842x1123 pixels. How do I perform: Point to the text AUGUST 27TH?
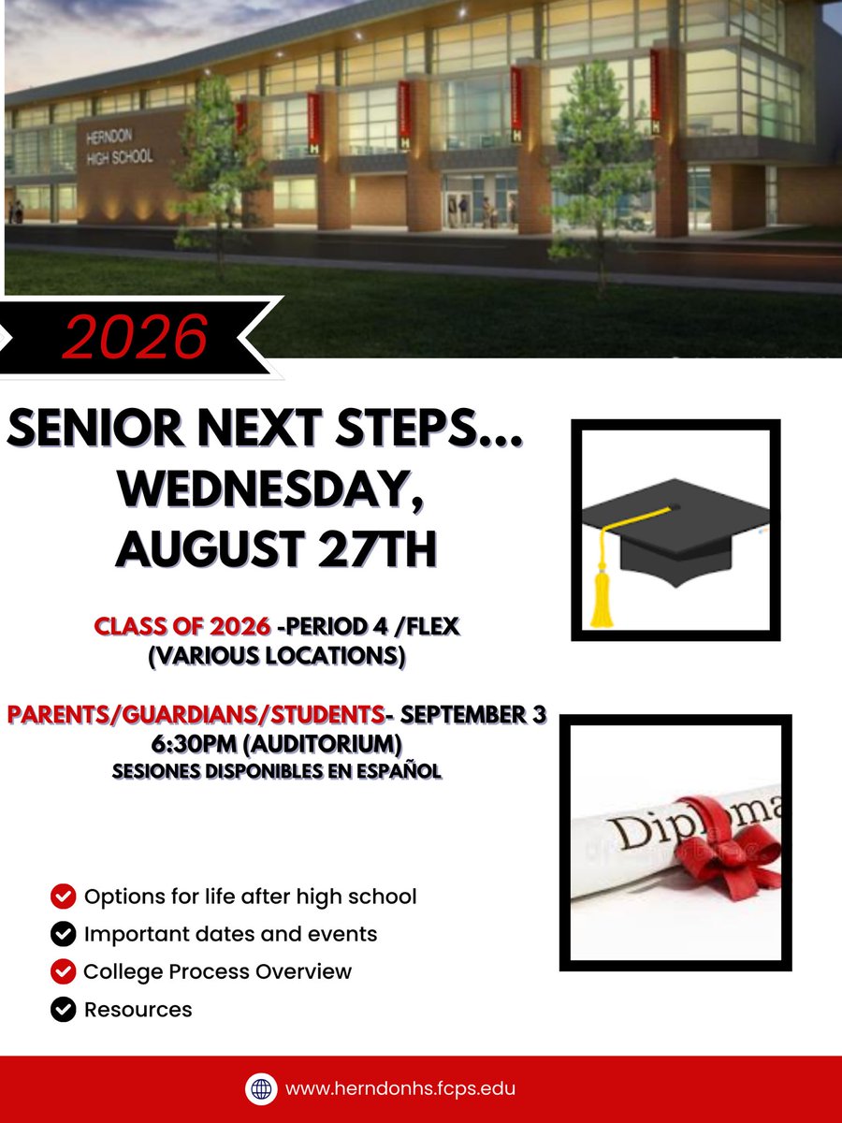(276, 548)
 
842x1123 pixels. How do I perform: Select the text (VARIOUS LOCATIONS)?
(276, 656)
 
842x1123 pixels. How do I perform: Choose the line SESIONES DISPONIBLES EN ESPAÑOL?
(276, 772)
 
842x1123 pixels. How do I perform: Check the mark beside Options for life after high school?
(63, 897)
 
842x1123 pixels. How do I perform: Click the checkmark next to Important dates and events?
(63, 934)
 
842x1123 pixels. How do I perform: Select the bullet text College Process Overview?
(217, 971)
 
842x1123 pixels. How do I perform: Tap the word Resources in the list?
(138, 1010)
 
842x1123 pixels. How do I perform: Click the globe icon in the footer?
(261, 1088)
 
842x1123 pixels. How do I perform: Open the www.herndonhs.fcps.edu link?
(400, 1088)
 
